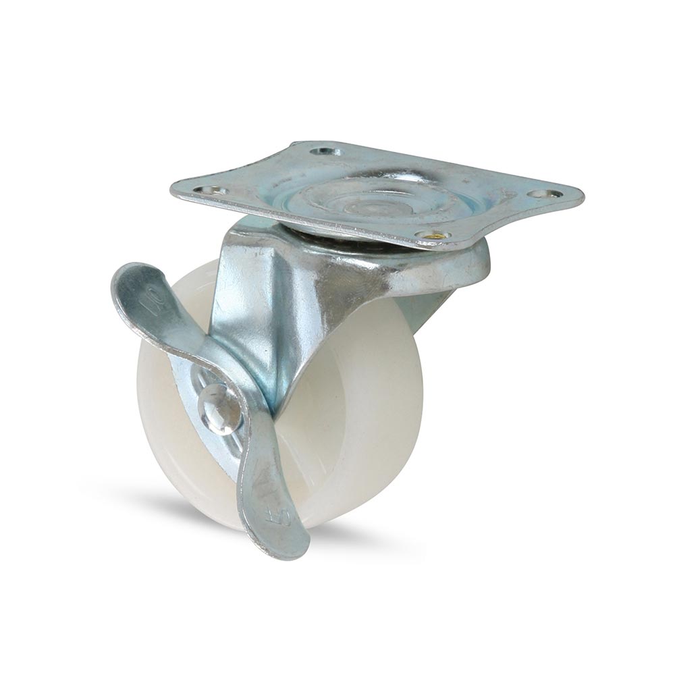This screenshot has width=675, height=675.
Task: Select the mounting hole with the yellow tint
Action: pos(433,236)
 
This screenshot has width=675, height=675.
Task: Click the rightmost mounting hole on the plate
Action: pos(544,194)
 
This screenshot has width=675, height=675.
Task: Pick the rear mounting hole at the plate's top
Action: pos(325,151)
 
